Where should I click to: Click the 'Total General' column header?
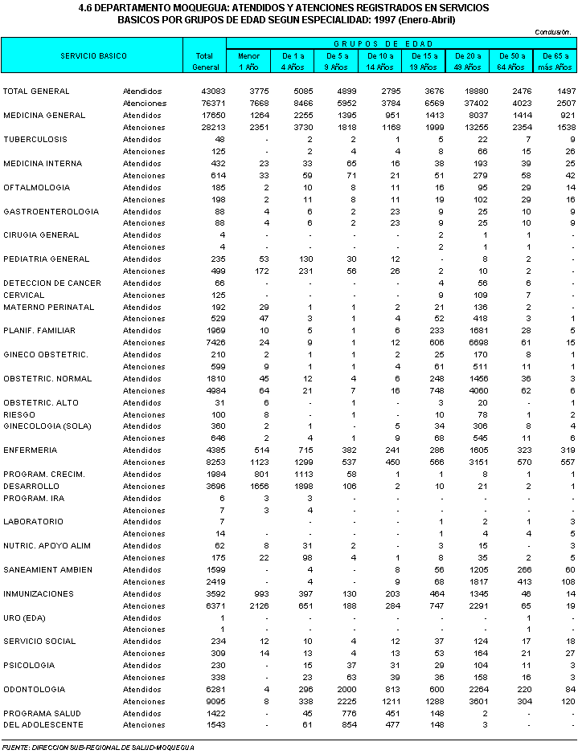(204, 61)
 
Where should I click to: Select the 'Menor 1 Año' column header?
(249, 61)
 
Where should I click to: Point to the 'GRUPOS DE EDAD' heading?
(401, 43)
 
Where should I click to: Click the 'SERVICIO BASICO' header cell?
(93, 56)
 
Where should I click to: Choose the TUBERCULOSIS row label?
(35, 139)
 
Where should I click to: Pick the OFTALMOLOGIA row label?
(36, 187)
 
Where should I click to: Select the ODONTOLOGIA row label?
(35, 689)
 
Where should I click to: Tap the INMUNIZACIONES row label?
(38, 593)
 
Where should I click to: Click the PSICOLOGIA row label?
(29, 665)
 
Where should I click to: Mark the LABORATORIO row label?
(33, 521)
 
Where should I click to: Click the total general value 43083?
(205, 92)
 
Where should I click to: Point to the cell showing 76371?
(205, 104)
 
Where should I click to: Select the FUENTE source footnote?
(99, 747)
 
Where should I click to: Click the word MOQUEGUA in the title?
(187, 7)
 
